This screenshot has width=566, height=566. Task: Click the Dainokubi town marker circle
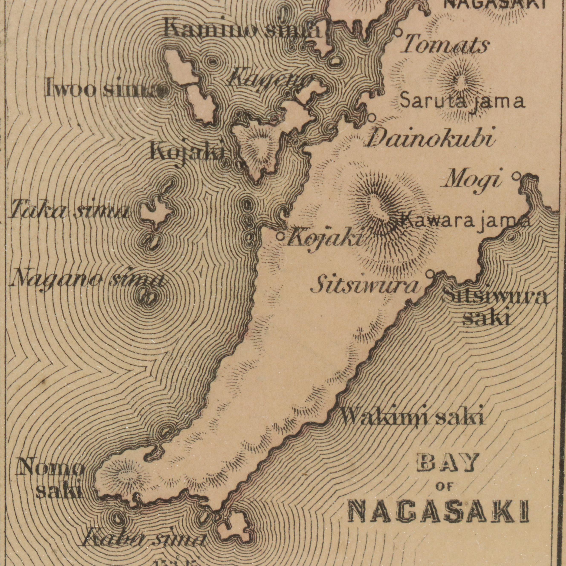point(372,117)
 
